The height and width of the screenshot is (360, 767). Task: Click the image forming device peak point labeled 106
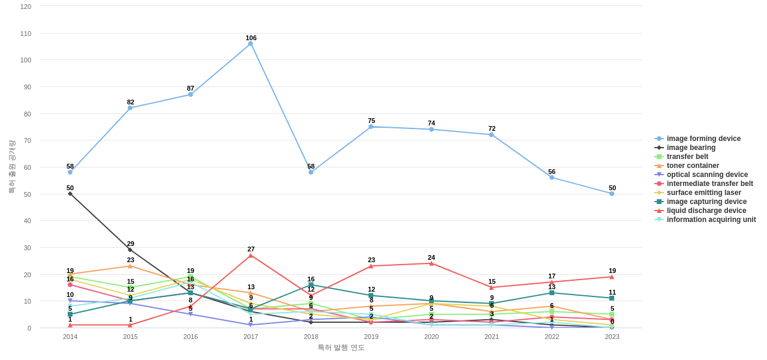pos(250,44)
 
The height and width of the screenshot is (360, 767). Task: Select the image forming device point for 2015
pos(130,108)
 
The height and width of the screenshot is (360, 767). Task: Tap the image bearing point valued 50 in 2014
pos(70,194)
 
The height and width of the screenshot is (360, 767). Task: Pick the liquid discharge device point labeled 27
pos(250,256)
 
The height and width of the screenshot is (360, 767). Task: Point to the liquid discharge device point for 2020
pos(431,263)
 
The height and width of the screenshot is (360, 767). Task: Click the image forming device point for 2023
pos(612,194)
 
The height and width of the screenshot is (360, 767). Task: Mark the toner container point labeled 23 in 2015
pos(130,266)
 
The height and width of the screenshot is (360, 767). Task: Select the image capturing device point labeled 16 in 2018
pos(311,285)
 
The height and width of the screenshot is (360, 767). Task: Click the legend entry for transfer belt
pos(687,157)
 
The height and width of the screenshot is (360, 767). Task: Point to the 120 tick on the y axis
pos(26,7)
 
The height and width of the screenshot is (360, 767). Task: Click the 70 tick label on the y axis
pos(26,140)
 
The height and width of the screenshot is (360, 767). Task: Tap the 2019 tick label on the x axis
pos(371,337)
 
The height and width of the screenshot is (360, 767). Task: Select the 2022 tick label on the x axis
pos(552,337)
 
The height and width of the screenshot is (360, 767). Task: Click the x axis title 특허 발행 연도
pos(341,347)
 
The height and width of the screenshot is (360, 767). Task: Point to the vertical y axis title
pos(11,167)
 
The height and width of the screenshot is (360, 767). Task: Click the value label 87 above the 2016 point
pos(191,88)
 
